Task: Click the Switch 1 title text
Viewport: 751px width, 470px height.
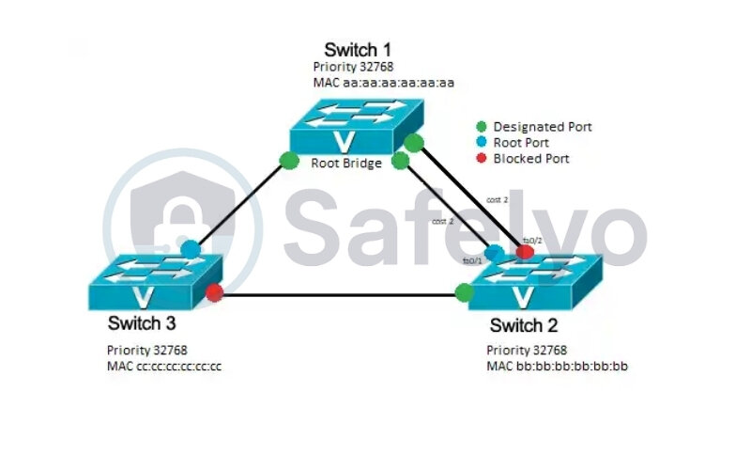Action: tap(358, 49)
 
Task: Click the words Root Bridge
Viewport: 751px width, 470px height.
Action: tap(346, 163)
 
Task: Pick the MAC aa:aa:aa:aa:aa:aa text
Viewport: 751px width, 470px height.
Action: tap(384, 83)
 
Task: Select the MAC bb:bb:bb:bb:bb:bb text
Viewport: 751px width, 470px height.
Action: tap(557, 366)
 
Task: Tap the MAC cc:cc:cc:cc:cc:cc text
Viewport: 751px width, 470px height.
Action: tap(164, 366)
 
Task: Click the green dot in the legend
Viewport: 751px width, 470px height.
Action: tap(482, 126)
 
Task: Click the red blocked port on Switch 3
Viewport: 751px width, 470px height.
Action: tap(214, 292)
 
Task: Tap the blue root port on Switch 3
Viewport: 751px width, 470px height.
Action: tap(191, 249)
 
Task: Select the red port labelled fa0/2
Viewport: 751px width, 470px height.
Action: tap(525, 252)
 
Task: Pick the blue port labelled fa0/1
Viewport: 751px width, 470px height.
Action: tap(494, 252)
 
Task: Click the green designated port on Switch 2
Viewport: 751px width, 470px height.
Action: tap(464, 292)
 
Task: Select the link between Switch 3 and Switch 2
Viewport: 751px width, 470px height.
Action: tap(338, 297)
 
